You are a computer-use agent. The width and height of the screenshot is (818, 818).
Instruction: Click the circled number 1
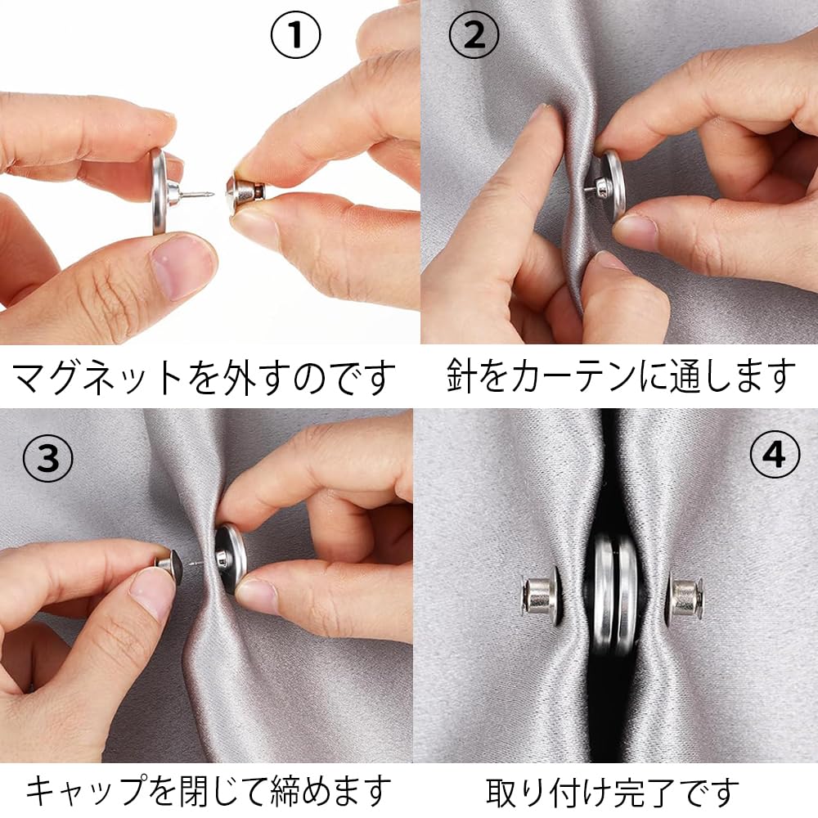click(295, 37)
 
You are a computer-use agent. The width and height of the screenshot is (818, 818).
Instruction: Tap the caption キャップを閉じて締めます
click(208, 791)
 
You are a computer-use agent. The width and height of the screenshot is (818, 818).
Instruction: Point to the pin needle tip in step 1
click(210, 194)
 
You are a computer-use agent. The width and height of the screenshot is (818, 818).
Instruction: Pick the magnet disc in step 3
click(228, 558)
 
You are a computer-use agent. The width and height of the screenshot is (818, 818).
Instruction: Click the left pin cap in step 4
click(541, 598)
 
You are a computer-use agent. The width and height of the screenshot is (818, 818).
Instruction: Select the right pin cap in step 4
click(684, 598)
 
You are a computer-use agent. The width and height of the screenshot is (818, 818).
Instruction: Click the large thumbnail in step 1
click(182, 267)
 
